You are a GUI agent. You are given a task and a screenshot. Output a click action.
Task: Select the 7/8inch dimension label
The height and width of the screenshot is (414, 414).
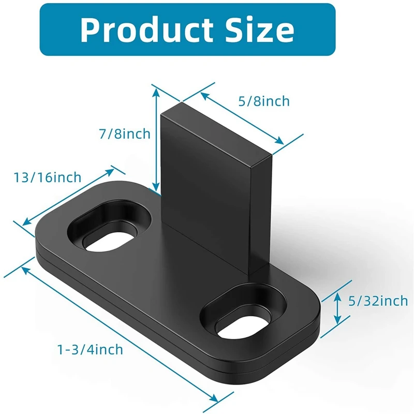(125, 134)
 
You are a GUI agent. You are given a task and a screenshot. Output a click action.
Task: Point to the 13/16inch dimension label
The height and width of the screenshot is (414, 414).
(48, 178)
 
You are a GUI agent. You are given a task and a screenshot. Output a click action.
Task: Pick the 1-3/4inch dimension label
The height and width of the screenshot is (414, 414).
(91, 350)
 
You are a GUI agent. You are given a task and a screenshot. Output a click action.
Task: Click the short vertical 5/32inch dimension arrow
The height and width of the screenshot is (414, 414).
(337, 307)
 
